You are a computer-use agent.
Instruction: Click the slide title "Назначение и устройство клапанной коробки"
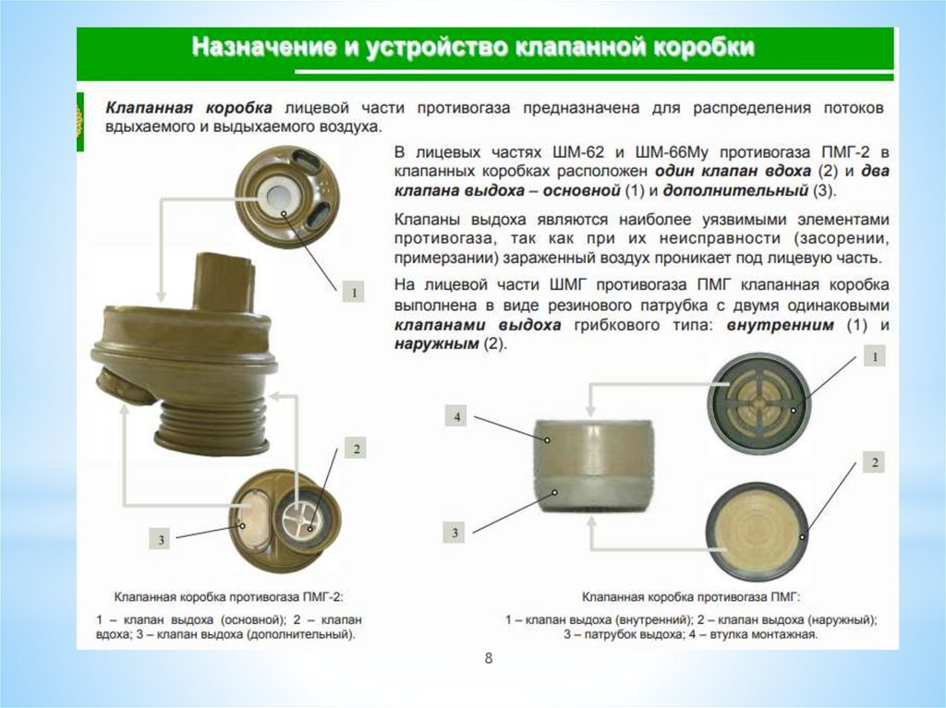(x=473, y=48)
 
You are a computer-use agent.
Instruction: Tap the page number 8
(x=489, y=658)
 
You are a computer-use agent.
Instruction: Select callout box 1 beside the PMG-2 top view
(x=354, y=293)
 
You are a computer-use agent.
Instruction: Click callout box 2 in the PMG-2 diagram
(x=356, y=448)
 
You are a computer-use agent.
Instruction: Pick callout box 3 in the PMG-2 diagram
(x=161, y=539)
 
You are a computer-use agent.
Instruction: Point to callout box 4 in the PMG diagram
(x=456, y=416)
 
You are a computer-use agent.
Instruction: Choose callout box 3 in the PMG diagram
(x=455, y=532)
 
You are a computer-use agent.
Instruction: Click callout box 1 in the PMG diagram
(x=875, y=356)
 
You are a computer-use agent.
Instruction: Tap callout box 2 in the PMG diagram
(x=875, y=462)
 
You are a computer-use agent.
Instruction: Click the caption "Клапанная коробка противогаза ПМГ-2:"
(x=228, y=597)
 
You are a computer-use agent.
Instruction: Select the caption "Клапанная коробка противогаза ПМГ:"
(x=691, y=597)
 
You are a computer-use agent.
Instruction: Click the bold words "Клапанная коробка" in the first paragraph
(x=188, y=108)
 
